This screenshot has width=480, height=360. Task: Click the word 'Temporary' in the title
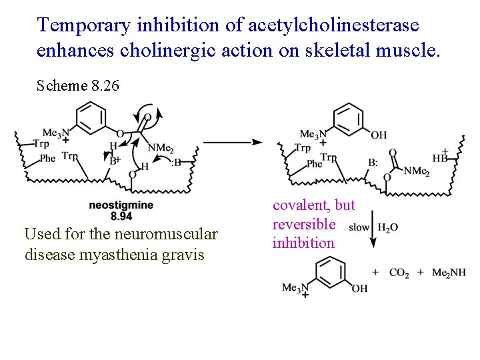tap(84, 26)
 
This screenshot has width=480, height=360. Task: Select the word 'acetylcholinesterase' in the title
tap(333, 26)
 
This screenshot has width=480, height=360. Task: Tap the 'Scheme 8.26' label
tap(77, 85)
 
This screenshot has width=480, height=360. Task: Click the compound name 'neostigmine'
tap(121, 205)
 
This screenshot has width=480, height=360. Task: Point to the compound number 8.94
tap(121, 216)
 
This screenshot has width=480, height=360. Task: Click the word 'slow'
tap(359, 227)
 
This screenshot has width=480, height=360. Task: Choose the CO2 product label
tap(399, 273)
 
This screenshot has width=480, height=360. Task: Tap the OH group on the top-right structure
tap(379, 135)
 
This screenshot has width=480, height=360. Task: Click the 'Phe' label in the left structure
tap(47, 158)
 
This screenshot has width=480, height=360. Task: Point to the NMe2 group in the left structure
tap(160, 148)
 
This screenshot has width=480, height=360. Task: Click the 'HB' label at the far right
tap(440, 158)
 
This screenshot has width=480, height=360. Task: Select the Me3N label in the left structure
tap(56, 133)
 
